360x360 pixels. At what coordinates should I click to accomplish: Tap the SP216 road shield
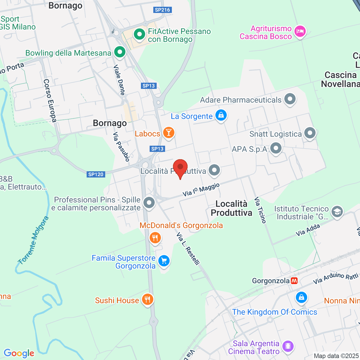[162, 10]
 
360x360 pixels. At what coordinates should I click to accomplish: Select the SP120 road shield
[96, 174]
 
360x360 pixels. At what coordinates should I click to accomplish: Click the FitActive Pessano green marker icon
[139, 34]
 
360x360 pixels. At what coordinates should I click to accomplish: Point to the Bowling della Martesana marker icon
[120, 52]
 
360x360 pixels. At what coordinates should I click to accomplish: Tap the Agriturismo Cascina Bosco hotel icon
[300, 31]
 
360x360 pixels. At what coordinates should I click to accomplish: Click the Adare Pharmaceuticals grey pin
[290, 99]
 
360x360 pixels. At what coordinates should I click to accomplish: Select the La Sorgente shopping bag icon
[221, 115]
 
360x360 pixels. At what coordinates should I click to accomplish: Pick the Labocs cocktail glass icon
[169, 133]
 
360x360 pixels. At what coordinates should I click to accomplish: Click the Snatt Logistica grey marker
[310, 133]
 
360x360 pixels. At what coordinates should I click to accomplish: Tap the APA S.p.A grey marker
[275, 148]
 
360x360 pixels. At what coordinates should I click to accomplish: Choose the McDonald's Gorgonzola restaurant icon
[155, 238]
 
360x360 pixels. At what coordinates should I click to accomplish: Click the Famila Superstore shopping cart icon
[164, 261]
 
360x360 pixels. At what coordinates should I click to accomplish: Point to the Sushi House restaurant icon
[147, 299]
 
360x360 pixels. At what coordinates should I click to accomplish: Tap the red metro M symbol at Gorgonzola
[294, 281]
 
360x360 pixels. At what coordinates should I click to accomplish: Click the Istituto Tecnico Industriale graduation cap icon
[337, 212]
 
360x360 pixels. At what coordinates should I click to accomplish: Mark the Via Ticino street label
[260, 210]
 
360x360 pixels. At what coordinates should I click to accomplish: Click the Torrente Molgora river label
[33, 240]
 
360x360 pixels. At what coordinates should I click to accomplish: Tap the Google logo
[19, 353]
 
